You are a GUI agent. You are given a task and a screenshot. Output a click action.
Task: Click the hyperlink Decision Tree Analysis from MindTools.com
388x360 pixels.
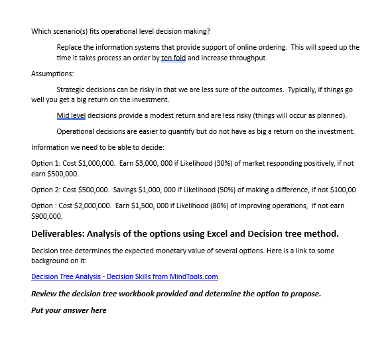click(125, 276)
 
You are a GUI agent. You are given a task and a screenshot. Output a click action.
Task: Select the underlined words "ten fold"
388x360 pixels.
click(173, 58)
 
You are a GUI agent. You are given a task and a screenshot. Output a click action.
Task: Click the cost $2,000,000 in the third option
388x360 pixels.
click(95, 206)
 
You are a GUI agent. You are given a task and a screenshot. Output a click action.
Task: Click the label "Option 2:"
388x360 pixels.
click(45, 190)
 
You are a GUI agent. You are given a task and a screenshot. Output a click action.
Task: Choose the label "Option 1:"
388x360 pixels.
click(45, 163)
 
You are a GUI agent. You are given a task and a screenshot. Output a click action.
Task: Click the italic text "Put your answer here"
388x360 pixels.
click(68, 310)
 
